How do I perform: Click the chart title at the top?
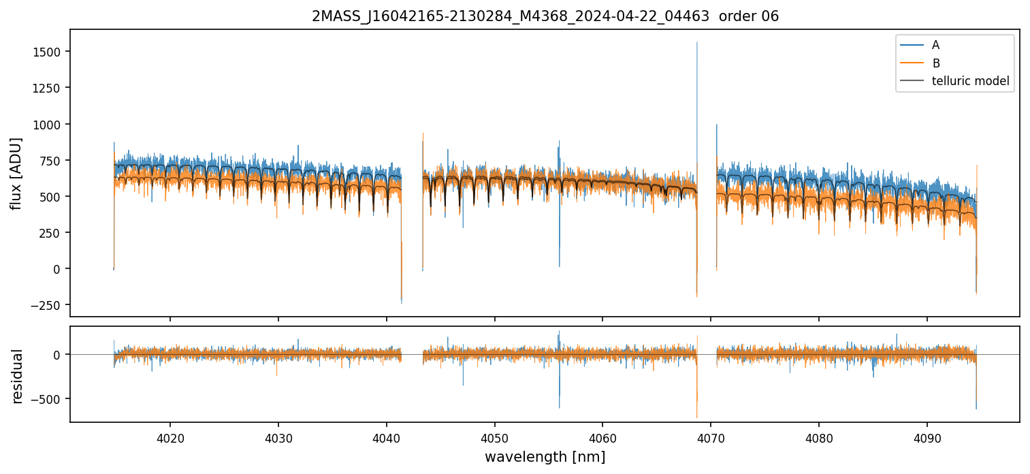click(545, 16)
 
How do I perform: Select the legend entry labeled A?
click(935, 45)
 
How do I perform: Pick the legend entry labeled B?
click(935, 63)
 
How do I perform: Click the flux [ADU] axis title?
click(16, 173)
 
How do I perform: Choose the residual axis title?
click(16, 376)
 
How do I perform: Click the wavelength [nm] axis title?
click(545, 457)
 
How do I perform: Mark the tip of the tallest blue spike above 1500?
click(696, 42)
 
